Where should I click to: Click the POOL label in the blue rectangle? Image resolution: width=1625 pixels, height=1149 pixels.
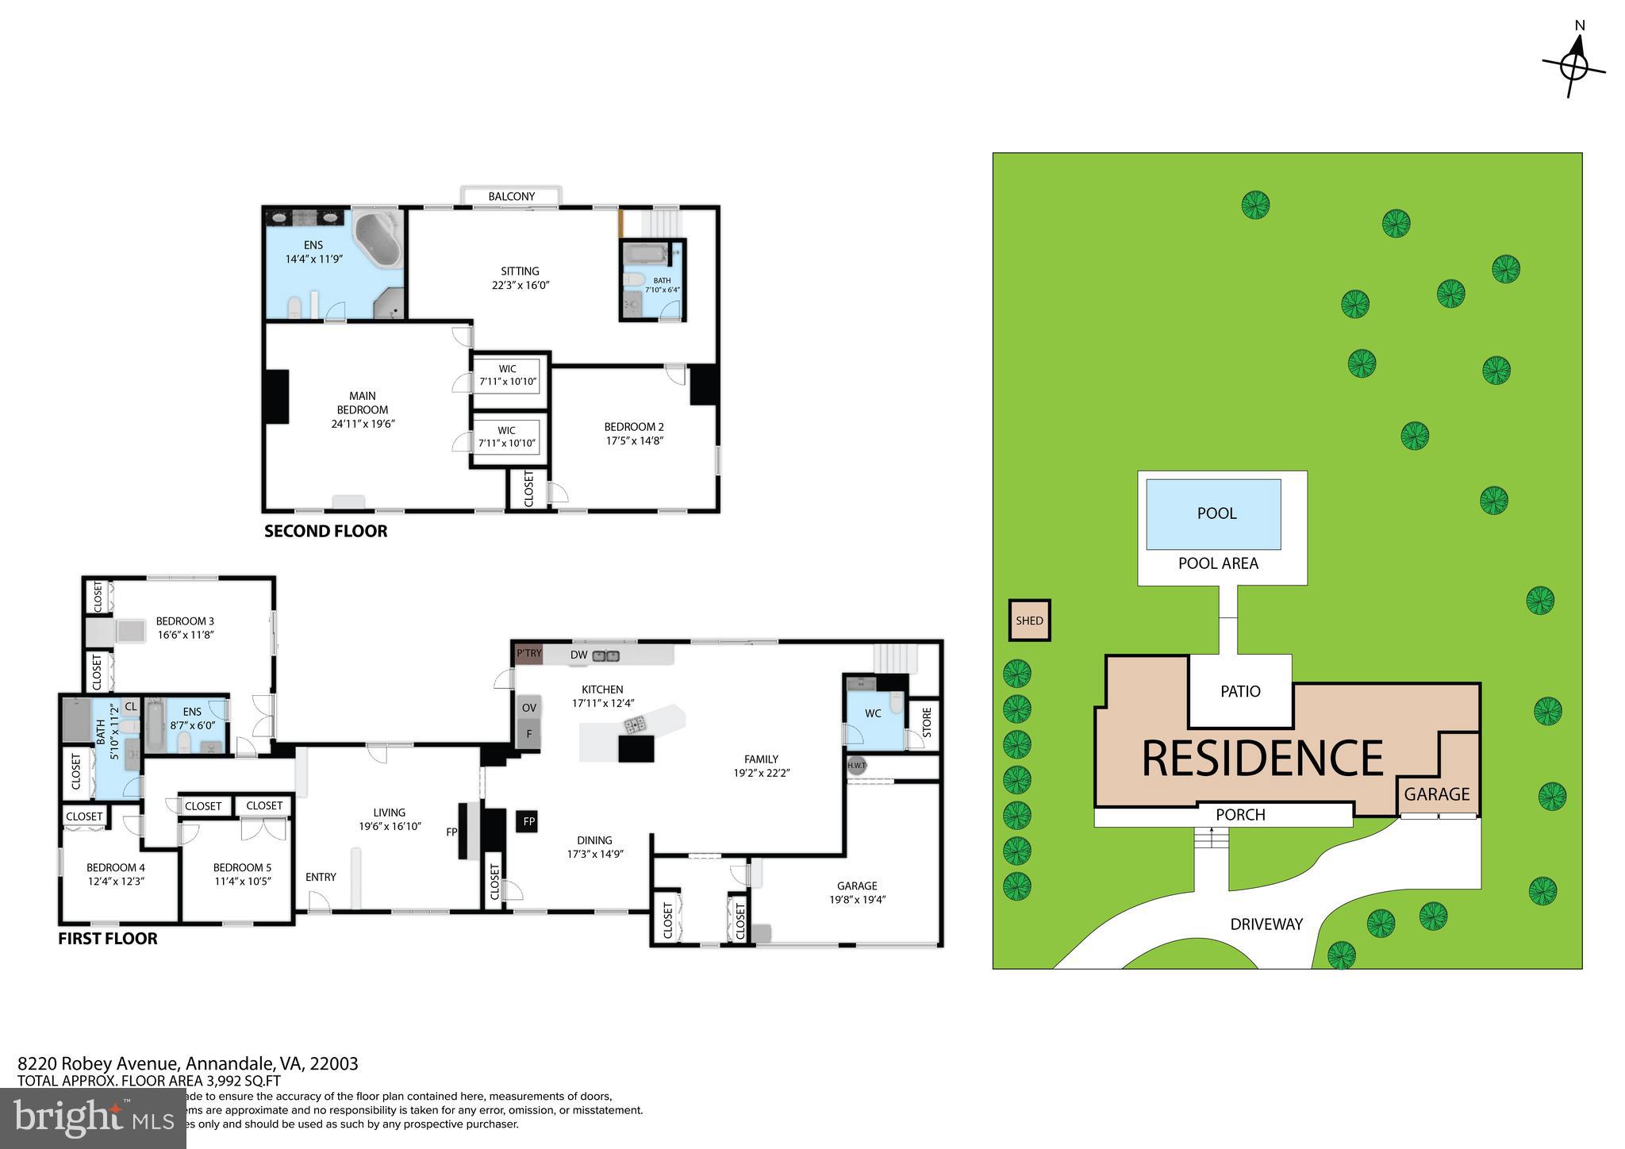coord(1216,513)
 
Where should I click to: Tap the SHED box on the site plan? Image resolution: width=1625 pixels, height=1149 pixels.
coord(1029,621)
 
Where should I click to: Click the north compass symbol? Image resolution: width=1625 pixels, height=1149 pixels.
coord(1573,68)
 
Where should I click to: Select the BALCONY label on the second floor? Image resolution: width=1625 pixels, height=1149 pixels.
coord(511,196)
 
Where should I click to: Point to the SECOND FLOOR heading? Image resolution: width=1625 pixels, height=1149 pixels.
coord(325,532)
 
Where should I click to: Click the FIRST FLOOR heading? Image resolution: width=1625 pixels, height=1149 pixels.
coord(107,939)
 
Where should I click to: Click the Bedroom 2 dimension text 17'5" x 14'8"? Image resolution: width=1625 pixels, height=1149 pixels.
coord(633,441)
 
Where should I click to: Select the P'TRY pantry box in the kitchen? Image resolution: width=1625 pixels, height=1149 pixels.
coord(528,654)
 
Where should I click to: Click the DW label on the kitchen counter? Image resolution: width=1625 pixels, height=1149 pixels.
coord(578,655)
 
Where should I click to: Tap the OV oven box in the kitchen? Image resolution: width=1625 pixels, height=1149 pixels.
coord(528,709)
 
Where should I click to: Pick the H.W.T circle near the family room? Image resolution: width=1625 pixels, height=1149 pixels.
coord(856,766)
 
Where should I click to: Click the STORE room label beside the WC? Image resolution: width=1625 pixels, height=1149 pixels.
coord(926,724)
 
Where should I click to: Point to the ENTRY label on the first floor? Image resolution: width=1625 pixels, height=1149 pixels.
coord(321,877)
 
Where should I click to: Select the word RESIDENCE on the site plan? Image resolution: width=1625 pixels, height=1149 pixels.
coord(1262,759)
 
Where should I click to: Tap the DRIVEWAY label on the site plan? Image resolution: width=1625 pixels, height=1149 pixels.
coord(1266,924)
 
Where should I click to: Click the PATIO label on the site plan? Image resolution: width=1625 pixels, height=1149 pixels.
coord(1240,691)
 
